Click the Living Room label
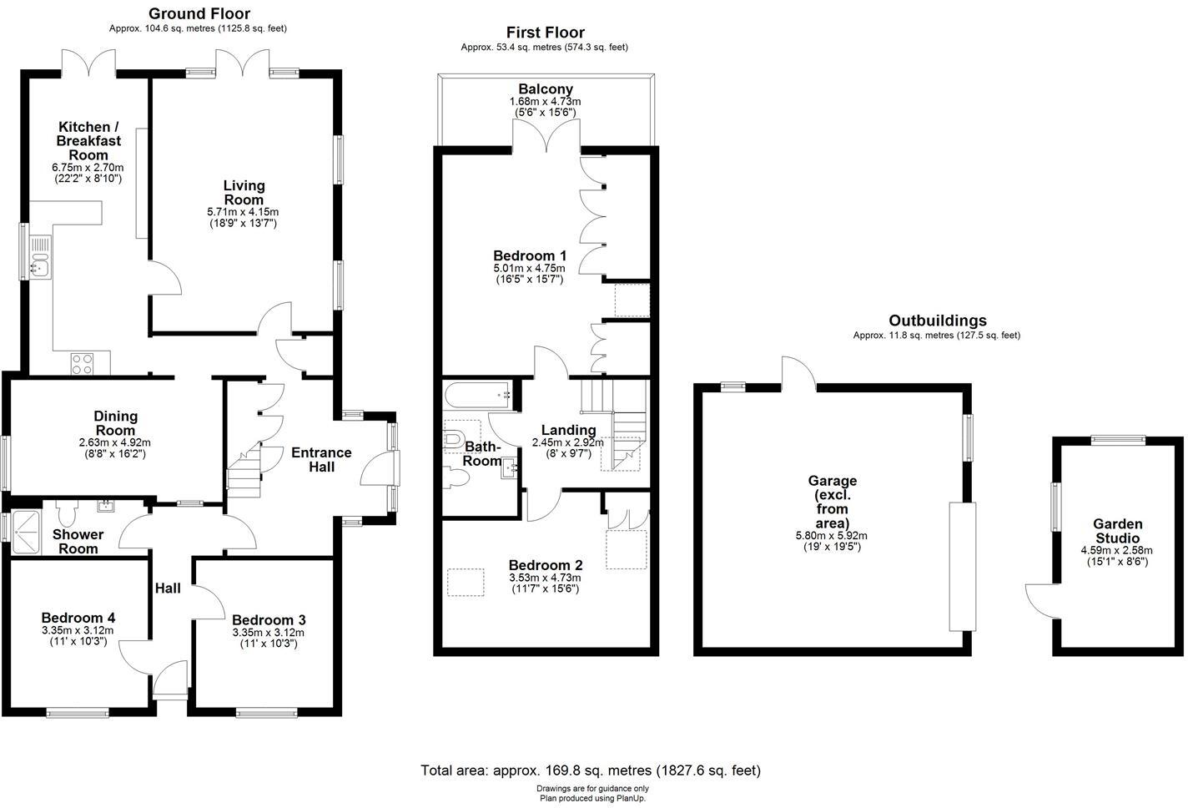244,193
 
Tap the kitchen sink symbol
39,257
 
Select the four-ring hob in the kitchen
83,364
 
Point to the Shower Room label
78,541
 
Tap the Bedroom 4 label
78,618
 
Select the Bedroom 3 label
269,620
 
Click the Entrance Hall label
321,460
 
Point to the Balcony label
546,89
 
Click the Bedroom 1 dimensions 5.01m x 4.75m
529,268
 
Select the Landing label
568,430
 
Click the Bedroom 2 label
545,565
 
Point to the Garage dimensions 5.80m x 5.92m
832,535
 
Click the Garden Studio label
1118,531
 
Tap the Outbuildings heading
937,321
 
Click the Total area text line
591,770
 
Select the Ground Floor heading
199,13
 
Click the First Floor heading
545,33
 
